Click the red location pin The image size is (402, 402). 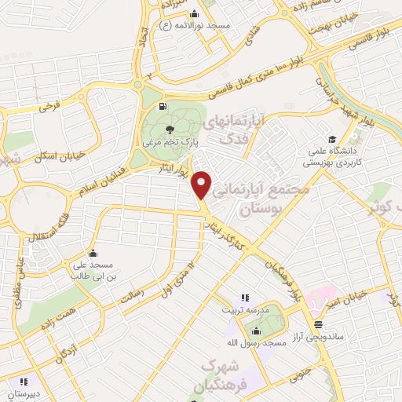[203, 185]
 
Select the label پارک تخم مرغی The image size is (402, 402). [169, 144]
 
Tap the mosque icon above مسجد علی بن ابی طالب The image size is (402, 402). [93, 253]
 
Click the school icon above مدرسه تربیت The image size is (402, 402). [244, 298]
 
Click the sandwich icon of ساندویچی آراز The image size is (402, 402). [318, 323]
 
